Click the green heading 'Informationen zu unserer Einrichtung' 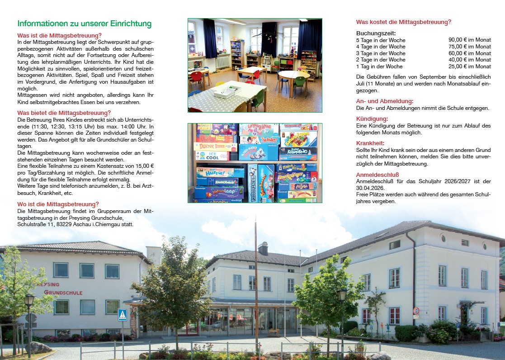[x=84, y=24]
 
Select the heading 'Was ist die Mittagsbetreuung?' [x=59, y=35]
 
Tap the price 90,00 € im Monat [x=469, y=40]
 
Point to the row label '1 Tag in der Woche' [x=379, y=66]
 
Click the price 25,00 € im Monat [x=469, y=66]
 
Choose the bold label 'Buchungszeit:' [x=376, y=33]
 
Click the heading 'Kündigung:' [x=372, y=118]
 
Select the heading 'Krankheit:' [x=370, y=143]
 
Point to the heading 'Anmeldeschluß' [x=378, y=175]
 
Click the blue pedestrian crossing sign [x=122, y=315]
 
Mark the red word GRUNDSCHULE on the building [x=63, y=293]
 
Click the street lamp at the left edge [x=29, y=301]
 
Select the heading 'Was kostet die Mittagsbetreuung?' [x=403, y=22]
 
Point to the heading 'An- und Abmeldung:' [x=385, y=101]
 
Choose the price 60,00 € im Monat [x=469, y=53]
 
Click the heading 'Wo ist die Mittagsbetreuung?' [x=58, y=204]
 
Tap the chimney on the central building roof [x=263, y=248]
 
